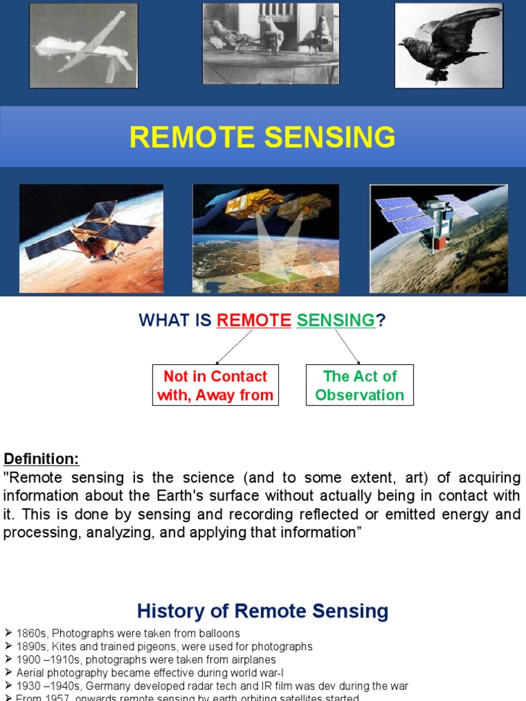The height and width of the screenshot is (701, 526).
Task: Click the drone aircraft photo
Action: [84, 45]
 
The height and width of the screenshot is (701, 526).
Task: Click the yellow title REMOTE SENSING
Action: [262, 137]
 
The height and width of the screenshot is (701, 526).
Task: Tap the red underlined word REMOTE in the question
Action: [254, 320]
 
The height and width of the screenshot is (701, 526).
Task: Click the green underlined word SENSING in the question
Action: [336, 320]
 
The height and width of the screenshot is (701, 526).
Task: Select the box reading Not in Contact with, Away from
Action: [215, 385]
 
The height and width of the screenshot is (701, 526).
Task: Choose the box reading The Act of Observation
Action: [360, 385]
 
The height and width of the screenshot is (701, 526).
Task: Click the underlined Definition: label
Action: [41, 458]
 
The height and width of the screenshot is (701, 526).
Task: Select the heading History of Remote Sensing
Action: [262, 611]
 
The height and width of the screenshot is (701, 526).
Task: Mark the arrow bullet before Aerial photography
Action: [8, 673]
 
